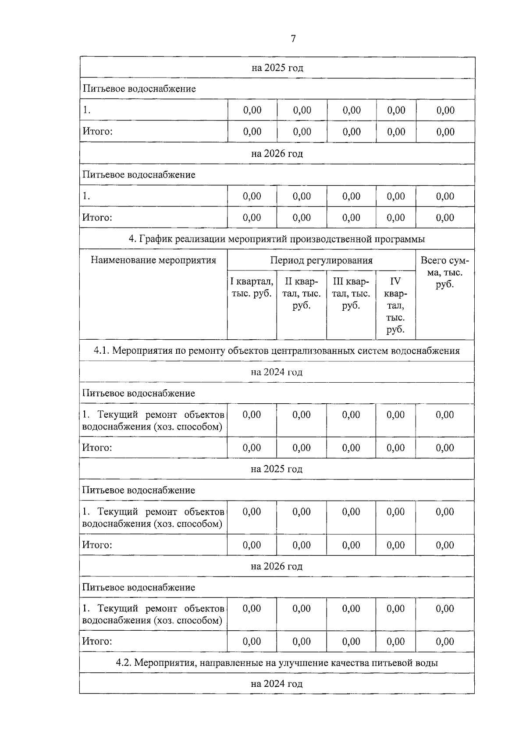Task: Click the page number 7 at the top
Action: [x=293, y=39]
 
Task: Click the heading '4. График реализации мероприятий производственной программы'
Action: [x=277, y=239]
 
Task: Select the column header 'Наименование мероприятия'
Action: [x=153, y=260]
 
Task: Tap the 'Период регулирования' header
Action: [x=321, y=260]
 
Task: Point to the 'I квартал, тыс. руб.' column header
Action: [x=252, y=287]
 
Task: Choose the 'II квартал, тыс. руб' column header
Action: [x=302, y=293]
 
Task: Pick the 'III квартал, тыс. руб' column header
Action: [x=351, y=293]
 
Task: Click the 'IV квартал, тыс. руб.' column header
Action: [x=395, y=305]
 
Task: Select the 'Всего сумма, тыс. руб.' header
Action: [x=444, y=272]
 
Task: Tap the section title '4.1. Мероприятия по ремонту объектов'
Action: [x=277, y=351]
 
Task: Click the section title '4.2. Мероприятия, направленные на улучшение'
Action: [x=277, y=663]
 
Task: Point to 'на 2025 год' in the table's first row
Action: [x=277, y=68]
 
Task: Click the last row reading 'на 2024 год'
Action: [x=277, y=684]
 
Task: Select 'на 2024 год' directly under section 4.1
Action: [x=277, y=372]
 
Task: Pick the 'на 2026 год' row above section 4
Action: [x=277, y=154]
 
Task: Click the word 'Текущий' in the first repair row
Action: [x=117, y=415]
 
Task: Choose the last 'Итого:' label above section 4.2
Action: [x=97, y=641]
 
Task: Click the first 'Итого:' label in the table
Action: [x=98, y=131]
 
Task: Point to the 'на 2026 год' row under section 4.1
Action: [x=277, y=566]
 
